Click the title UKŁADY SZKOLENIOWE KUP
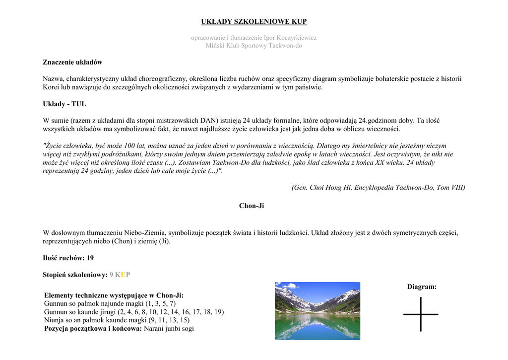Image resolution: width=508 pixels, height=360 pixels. (x=254, y=21)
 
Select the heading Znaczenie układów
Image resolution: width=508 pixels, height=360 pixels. (x=72, y=62)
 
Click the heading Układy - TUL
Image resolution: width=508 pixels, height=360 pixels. (x=64, y=104)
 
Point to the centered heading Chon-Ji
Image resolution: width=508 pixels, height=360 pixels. (x=252, y=206)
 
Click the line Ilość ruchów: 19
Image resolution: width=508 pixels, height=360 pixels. (x=68, y=258)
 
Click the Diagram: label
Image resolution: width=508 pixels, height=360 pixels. (x=422, y=287)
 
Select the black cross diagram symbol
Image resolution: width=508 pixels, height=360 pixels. (x=421, y=314)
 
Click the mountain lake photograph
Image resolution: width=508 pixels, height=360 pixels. (x=317, y=311)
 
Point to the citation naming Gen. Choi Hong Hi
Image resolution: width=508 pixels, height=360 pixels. (x=378, y=188)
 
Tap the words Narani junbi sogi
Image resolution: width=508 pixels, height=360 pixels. (x=169, y=329)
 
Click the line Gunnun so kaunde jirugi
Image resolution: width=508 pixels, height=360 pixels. (x=134, y=312)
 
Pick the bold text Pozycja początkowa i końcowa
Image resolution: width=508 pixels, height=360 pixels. (x=93, y=329)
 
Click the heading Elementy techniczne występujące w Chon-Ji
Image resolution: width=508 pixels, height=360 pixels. (x=114, y=295)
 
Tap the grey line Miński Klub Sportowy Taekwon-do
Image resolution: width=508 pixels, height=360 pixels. (x=254, y=46)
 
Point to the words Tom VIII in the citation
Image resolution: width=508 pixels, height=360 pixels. (x=450, y=188)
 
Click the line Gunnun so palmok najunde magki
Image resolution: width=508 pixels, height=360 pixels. (x=110, y=303)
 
